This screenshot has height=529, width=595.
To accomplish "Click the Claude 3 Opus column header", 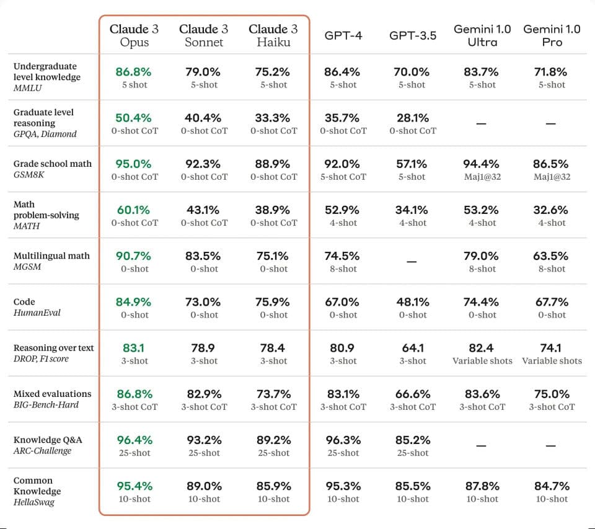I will (134, 35).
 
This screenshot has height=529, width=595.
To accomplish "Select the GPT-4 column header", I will (343, 36).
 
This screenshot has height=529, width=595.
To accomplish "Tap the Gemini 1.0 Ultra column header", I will (482, 35).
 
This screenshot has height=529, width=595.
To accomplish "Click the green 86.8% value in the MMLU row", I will (134, 72).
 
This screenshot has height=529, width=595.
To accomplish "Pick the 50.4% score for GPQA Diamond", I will (134, 118).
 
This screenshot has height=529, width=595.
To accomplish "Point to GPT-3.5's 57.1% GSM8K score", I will (412, 164).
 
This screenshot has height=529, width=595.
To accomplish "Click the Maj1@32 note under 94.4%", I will (482, 177).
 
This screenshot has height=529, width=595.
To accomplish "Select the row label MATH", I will (26, 226).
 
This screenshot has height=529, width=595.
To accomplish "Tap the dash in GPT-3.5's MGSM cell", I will (412, 262).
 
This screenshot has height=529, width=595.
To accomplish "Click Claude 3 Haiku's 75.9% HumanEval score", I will (273, 302).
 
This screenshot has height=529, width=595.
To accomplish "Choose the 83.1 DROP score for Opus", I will (134, 348).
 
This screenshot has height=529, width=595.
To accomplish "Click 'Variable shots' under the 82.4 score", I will (482, 361).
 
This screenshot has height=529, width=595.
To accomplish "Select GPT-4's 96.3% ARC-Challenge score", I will (343, 440).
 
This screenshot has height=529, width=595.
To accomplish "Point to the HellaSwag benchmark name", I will (34, 502).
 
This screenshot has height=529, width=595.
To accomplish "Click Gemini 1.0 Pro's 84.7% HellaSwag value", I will (552, 486).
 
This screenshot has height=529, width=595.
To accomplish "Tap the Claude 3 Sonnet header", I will (204, 35).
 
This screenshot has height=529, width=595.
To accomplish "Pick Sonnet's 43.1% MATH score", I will (204, 210).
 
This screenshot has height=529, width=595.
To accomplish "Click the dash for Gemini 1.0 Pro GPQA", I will (552, 123).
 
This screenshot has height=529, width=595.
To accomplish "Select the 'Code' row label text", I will (24, 302).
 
